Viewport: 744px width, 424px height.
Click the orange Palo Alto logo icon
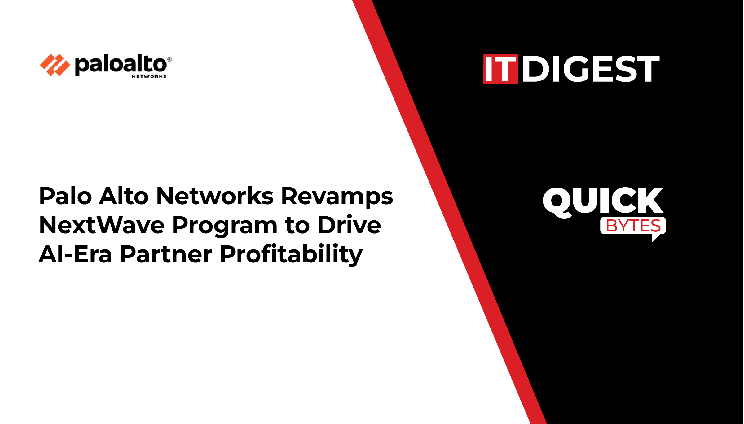coord(55,65)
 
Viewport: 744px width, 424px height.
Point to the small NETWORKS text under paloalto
coord(149,76)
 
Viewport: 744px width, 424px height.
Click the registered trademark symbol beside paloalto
coord(169,59)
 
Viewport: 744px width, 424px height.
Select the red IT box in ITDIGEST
coord(500,69)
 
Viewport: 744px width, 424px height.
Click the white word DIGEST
coord(591,69)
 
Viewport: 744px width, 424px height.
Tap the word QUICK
coord(603,202)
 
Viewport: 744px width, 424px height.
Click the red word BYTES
coord(633,226)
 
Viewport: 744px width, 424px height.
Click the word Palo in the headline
coord(66,196)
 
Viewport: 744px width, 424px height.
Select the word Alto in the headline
coord(124,196)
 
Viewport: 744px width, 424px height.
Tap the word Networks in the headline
coord(215,196)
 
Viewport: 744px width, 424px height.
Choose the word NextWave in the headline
coord(102,225)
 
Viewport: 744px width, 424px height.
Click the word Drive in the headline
coord(349,225)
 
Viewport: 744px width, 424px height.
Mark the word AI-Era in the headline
coord(75,254)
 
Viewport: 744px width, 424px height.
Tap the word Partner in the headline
coord(166,254)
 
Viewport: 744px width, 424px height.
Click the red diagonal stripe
coord(449,212)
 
